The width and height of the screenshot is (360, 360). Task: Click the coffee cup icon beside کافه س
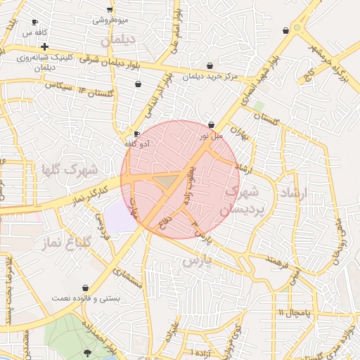click(35, 22)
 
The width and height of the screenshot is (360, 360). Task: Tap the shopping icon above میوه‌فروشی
click(110, 9)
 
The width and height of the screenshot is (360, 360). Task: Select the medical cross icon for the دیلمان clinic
click(44, 46)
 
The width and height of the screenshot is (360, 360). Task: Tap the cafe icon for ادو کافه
click(136, 134)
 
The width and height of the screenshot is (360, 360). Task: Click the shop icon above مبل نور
click(211, 124)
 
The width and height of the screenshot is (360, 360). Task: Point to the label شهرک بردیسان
click(241, 200)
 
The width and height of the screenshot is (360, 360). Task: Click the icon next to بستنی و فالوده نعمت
click(85, 288)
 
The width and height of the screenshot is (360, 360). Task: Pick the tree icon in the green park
click(87, 352)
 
